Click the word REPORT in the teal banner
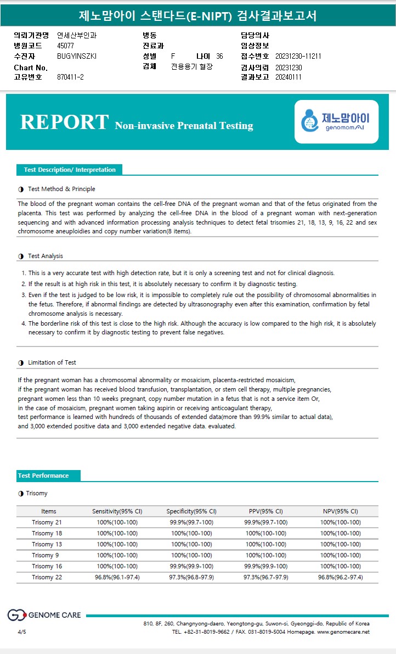point(64,122)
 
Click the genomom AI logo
point(336,122)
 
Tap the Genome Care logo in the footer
point(44,615)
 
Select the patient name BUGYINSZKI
point(77,57)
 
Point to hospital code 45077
point(65,46)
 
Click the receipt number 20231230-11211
point(298,57)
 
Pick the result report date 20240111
point(288,77)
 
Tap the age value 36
point(219,57)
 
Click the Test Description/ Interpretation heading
point(69,170)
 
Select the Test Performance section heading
point(43,476)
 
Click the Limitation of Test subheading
point(52,362)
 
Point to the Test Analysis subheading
point(45,256)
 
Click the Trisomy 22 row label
point(47,577)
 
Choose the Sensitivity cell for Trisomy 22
point(117,577)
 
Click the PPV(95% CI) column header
point(265,511)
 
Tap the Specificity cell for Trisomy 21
point(191,522)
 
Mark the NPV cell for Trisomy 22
point(340,577)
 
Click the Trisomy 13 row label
point(47,544)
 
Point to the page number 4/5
point(22,632)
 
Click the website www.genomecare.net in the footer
point(343,632)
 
